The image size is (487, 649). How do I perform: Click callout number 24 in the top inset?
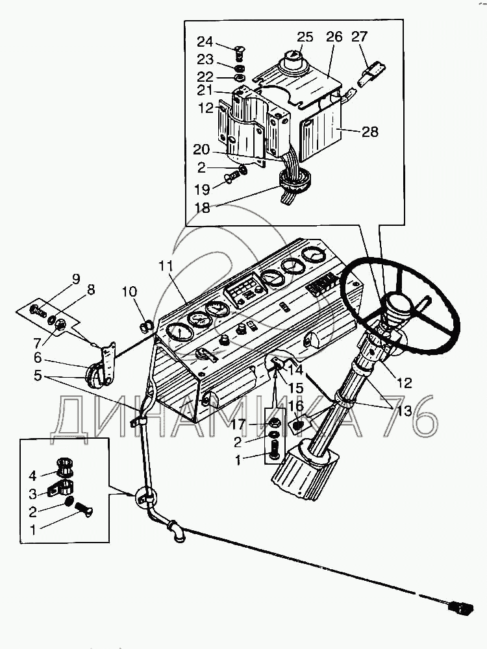coord(205,42)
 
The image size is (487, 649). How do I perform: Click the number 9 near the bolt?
coord(76,280)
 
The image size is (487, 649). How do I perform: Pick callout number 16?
coord(296,406)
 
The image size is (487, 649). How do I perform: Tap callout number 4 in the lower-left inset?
coord(33,475)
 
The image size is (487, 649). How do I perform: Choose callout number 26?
coord(334,37)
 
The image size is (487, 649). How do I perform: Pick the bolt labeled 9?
coord(38,311)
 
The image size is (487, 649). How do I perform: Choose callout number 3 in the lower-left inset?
coord(33,493)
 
